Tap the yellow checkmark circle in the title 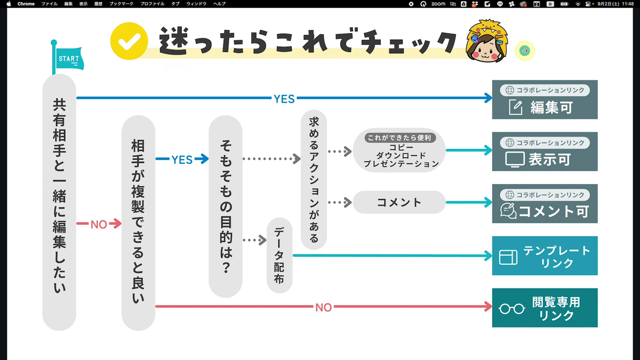[129, 41]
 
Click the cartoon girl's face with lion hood [487, 41]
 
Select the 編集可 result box [545, 99]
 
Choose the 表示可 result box [545, 151]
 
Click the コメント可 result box [545, 203]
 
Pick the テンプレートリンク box [545, 255]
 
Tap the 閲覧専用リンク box [545, 308]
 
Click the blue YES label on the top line [284, 99]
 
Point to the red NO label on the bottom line [323, 307]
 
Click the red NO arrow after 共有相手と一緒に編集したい [99, 223]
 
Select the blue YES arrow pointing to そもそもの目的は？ [182, 159]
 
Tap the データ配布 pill [279, 255]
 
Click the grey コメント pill [399, 202]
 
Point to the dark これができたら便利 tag [399, 138]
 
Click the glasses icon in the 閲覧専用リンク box [511, 309]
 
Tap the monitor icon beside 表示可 [515, 159]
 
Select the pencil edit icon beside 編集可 [516, 107]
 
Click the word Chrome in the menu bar [26, 4]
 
